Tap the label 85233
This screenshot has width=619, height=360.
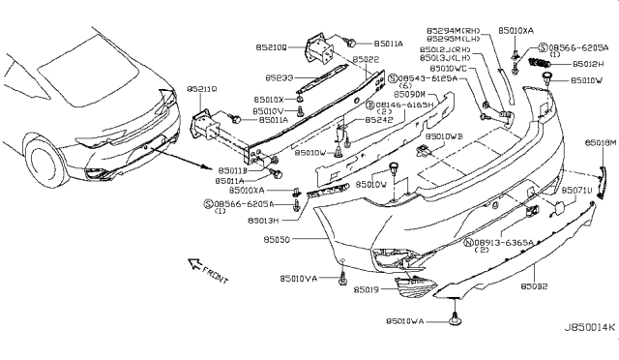coord(280,77)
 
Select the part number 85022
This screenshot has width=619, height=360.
coord(365,58)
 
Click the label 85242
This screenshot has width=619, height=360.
coord(380,121)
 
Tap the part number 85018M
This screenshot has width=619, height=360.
coord(599,142)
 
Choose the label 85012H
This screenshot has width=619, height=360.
coord(589,64)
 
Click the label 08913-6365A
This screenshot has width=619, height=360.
coord(509,241)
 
